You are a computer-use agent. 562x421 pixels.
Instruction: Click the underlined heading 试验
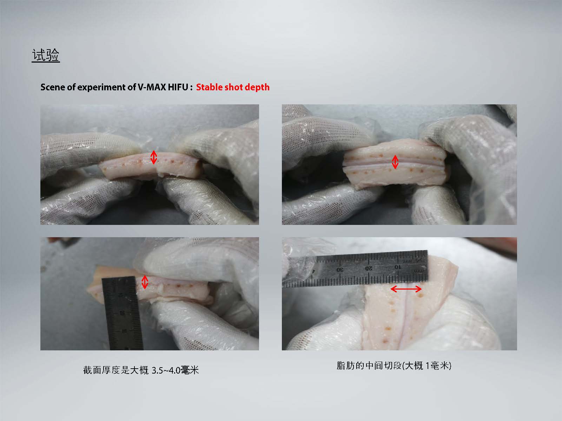point(46,55)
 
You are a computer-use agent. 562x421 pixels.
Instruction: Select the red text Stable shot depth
point(233,87)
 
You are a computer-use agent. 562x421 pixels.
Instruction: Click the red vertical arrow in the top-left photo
point(154,157)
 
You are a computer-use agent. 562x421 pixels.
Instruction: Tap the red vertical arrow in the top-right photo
point(395,162)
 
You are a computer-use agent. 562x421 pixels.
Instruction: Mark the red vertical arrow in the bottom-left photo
point(145,282)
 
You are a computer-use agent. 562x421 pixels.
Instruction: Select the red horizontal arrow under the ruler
point(406,289)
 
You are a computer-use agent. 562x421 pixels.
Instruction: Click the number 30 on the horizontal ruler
point(340,270)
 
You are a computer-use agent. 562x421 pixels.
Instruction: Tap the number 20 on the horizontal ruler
point(369,268)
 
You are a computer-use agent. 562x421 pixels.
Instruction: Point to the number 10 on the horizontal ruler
point(397,267)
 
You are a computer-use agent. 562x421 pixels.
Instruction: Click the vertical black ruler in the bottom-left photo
point(123,313)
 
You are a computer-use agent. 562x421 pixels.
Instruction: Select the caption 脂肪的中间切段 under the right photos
point(369,365)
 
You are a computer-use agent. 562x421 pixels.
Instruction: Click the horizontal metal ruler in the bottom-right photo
point(355,269)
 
